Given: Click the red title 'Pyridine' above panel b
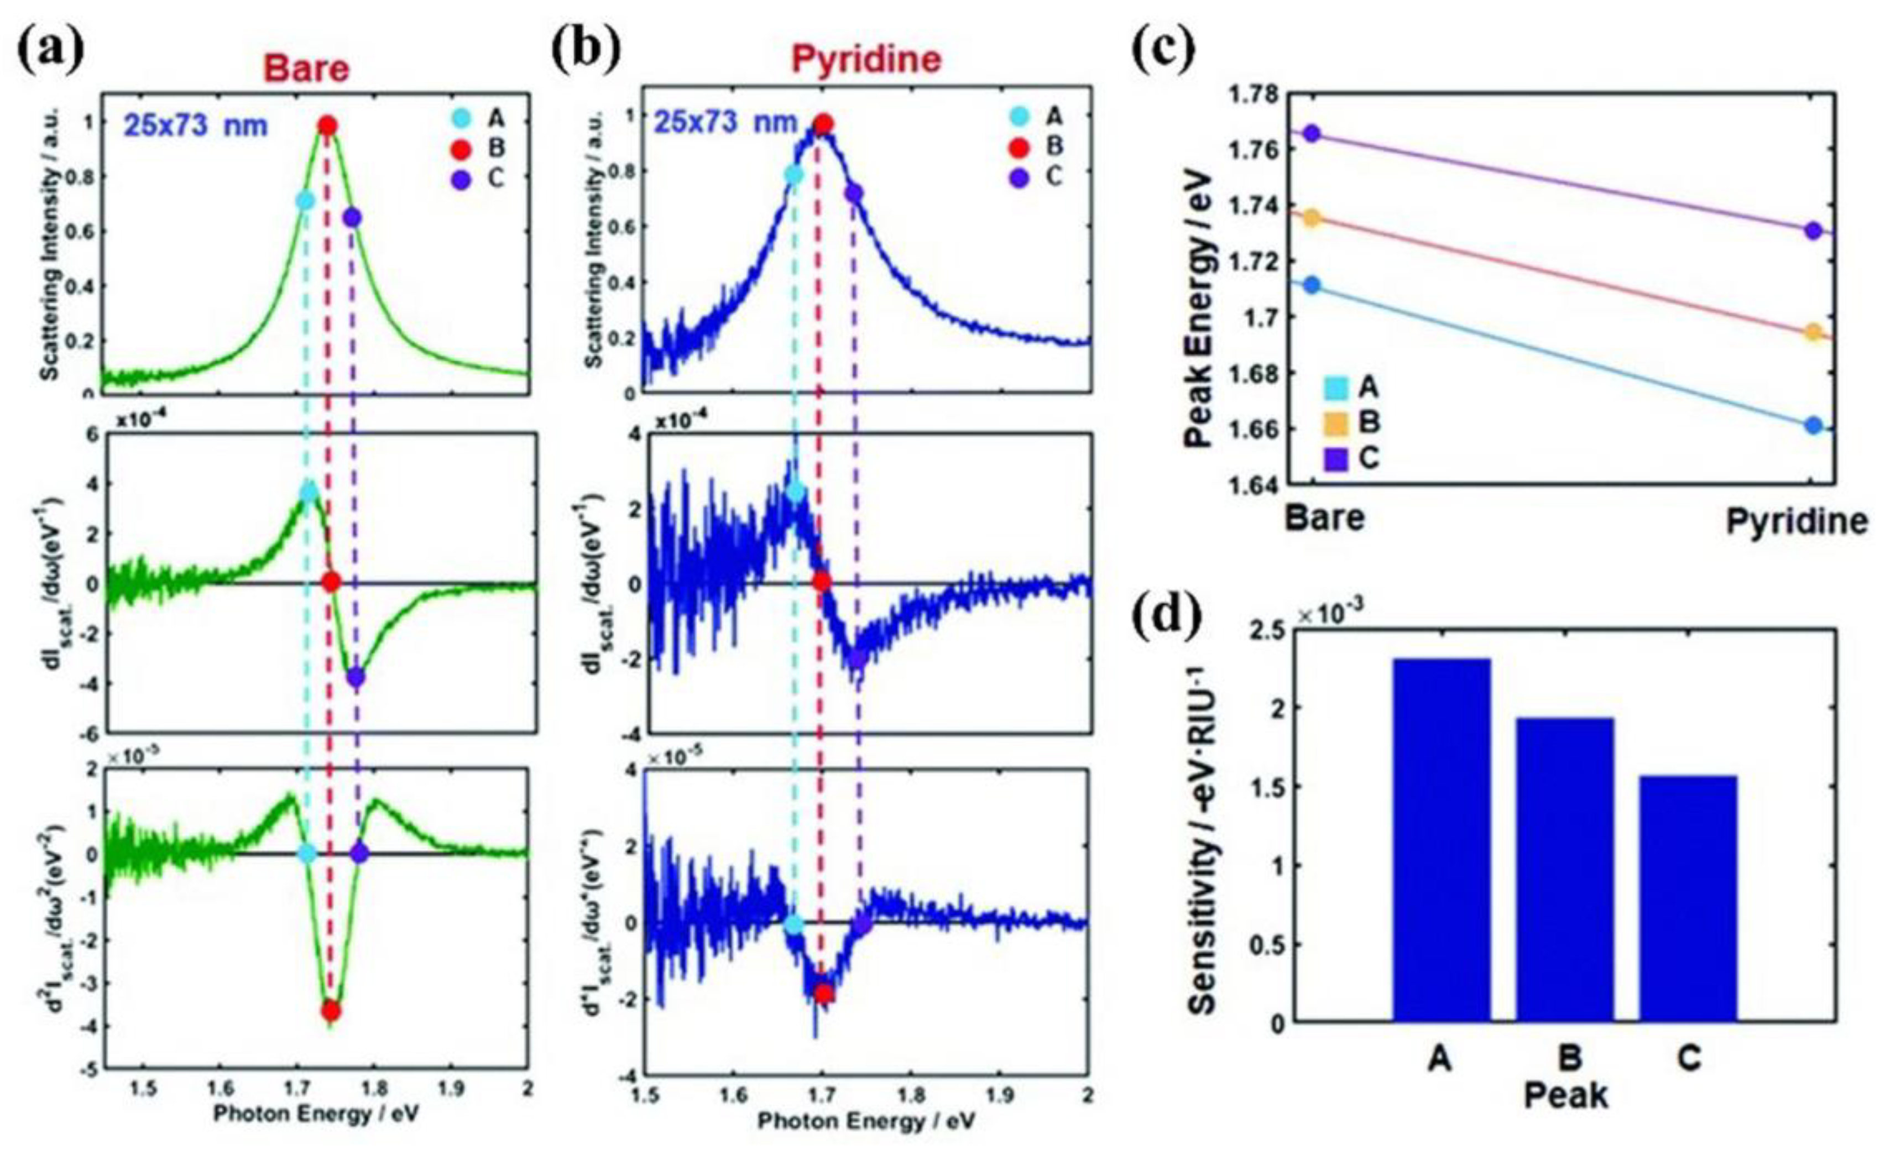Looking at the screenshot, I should [866, 60].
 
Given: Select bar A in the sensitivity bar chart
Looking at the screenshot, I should [1442, 839].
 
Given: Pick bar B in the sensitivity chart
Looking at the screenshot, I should [1565, 869].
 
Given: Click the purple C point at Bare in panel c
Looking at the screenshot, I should [1312, 134].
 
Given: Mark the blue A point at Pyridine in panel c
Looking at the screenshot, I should [1814, 426].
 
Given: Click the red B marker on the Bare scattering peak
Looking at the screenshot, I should [328, 126].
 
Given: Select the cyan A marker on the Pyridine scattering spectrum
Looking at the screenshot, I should [793, 175].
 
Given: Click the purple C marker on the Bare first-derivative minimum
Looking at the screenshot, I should [356, 677].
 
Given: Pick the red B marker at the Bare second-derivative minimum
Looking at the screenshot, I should [330, 1010].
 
